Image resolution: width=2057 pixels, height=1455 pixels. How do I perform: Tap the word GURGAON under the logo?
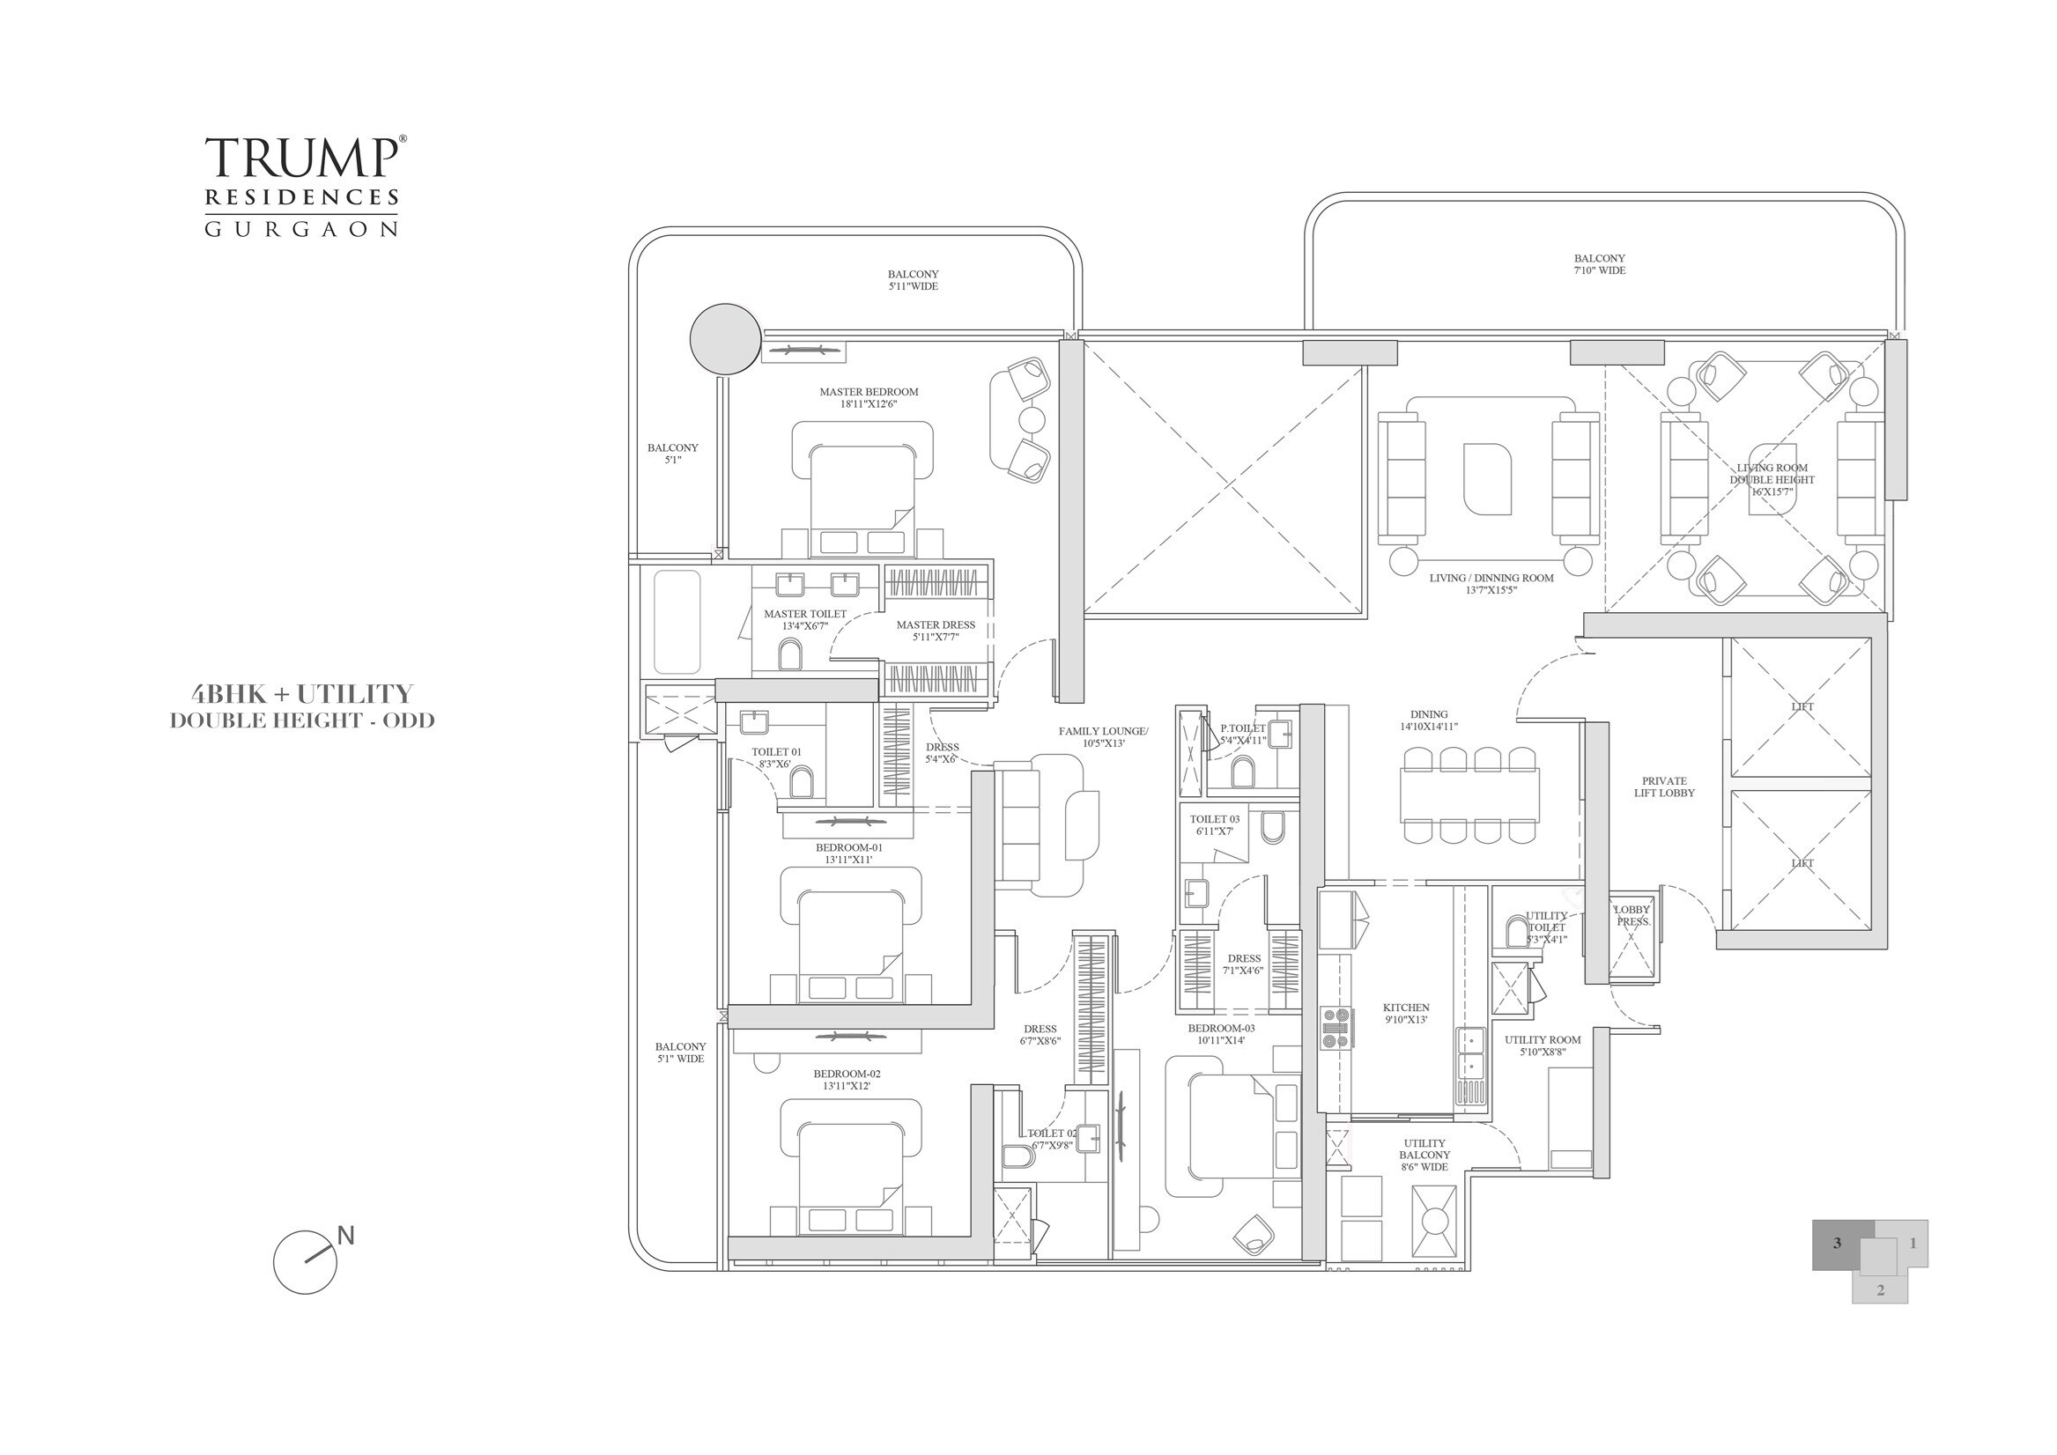click(301, 229)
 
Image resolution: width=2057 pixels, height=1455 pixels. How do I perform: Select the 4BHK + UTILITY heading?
click(302, 694)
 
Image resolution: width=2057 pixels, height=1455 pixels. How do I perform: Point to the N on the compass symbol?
click(346, 1236)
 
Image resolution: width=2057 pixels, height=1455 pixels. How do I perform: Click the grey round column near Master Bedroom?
click(725, 339)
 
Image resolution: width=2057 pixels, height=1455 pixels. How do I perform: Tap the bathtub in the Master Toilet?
click(677, 622)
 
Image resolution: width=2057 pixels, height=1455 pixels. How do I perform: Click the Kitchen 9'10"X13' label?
click(1406, 1013)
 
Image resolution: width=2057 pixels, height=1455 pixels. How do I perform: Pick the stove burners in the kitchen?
click(1336, 1028)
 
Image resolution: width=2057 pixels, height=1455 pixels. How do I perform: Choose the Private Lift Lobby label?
click(1664, 787)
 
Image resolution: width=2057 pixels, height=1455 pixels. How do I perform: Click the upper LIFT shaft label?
click(1802, 707)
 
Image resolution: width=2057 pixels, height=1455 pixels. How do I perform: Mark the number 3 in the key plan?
click(1837, 1244)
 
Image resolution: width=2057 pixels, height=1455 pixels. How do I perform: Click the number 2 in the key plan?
click(1880, 1290)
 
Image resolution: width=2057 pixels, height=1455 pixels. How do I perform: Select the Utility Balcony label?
click(1424, 1155)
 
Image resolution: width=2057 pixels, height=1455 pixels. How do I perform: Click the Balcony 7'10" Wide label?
click(1599, 264)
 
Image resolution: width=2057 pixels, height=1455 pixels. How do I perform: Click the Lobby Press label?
click(1632, 915)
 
